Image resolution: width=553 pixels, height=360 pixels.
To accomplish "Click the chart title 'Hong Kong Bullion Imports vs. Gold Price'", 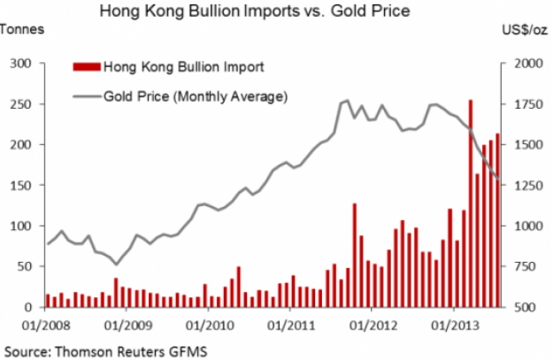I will click(275, 11).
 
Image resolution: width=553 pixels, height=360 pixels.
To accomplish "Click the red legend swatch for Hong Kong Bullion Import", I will click(85, 66).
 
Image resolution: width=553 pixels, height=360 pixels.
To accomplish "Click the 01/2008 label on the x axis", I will click(43, 324).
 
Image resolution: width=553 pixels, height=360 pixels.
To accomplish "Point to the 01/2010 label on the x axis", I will click(207, 324).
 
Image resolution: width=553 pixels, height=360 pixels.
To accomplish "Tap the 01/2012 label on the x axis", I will click(372, 324).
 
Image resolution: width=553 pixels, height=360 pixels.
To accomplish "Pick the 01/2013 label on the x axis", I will click(453, 324).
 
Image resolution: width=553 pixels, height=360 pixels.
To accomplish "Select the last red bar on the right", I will click(498, 220).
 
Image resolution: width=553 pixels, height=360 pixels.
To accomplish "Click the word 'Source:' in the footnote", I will click(27, 348).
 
